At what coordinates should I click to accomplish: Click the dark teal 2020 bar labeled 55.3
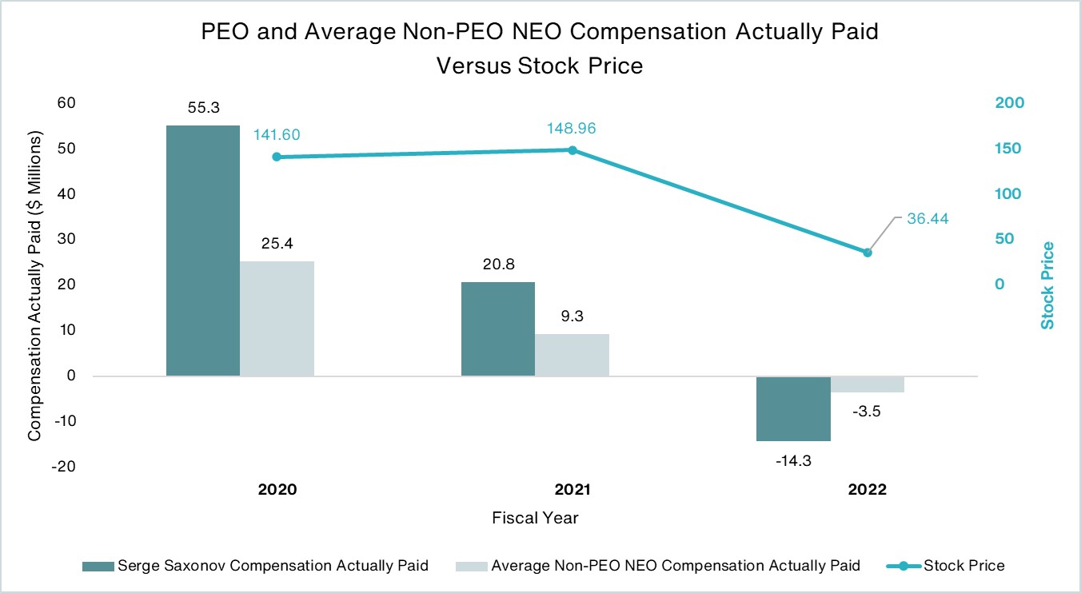coord(202,250)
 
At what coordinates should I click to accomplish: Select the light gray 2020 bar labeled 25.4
coord(277,318)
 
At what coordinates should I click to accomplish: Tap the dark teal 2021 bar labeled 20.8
coord(497,328)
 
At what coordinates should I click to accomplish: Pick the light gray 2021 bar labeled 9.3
coord(572,355)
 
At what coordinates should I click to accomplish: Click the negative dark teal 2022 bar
coord(793,408)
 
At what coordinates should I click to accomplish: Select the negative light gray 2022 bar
coord(868,384)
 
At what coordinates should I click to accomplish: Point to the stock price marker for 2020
coord(277,157)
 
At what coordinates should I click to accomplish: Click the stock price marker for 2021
coord(572,150)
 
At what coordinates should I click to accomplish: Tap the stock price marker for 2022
coord(868,253)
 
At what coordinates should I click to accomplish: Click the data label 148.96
coord(572,128)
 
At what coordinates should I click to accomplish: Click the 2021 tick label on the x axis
coord(572,490)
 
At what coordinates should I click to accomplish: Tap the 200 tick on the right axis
coord(1009,103)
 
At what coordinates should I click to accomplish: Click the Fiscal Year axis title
coord(535,518)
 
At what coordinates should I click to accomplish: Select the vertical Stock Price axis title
coord(1047,285)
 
